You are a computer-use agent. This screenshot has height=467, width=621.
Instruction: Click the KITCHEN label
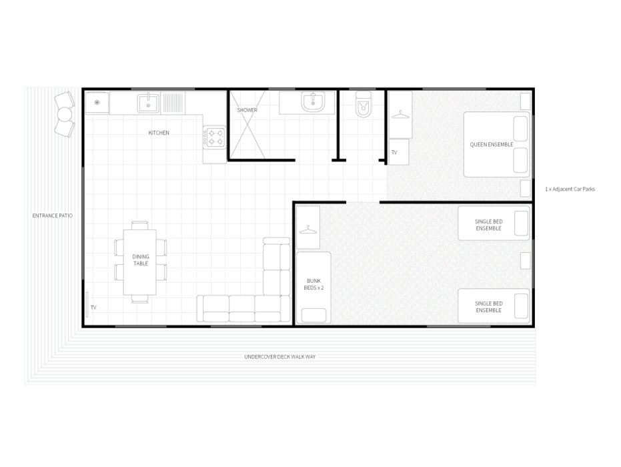[159, 133]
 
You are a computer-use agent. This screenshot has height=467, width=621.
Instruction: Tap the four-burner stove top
[214, 137]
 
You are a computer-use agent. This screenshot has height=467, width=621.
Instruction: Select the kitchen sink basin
[149, 104]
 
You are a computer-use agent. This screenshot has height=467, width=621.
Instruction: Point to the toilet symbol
[363, 105]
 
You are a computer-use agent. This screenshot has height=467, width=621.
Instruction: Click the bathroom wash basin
[313, 102]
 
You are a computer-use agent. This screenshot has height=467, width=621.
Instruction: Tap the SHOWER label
[247, 110]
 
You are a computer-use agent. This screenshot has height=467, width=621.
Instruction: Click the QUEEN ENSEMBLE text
[492, 145]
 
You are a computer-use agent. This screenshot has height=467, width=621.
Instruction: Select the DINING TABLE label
[141, 260]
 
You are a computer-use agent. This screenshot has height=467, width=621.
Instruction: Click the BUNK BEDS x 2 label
[314, 284]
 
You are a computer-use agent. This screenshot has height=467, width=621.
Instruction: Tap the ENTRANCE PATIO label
[53, 215]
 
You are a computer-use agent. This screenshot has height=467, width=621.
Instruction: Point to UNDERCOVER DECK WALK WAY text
[279, 357]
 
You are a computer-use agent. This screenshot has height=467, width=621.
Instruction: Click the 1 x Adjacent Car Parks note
[570, 189]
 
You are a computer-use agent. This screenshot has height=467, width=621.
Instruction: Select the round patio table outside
[65, 115]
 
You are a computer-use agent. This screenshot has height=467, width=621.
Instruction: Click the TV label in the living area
[93, 308]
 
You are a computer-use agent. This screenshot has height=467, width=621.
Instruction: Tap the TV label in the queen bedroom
[394, 152]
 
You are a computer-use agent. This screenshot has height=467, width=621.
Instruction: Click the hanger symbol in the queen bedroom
[400, 115]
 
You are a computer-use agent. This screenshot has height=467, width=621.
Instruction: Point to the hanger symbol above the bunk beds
[308, 229]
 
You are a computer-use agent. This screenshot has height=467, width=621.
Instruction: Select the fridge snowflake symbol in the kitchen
[97, 103]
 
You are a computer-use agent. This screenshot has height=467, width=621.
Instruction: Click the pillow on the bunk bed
[314, 316]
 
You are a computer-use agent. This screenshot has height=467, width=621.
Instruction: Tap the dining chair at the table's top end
[139, 225]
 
